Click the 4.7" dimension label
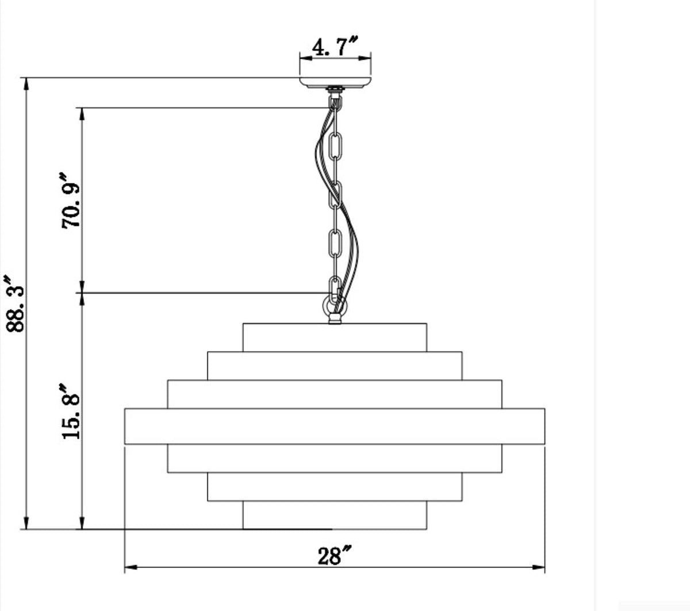point(335,47)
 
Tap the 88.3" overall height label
point(15,304)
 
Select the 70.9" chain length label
point(71,201)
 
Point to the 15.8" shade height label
point(71,411)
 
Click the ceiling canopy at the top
point(335,83)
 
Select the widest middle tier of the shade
point(335,426)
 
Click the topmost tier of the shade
point(335,337)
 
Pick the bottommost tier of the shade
point(335,515)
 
